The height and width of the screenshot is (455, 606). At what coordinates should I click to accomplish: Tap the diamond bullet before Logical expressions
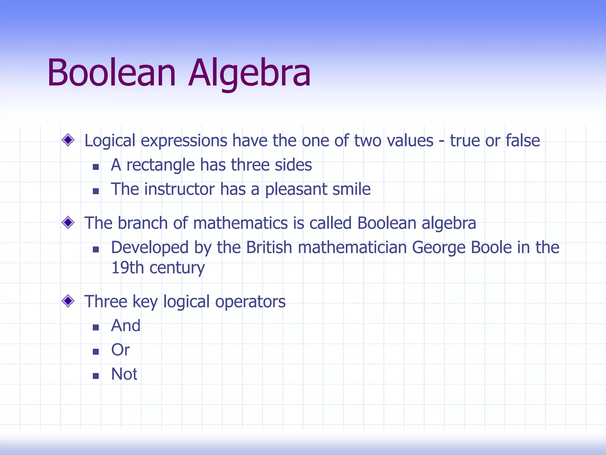[x=68, y=140]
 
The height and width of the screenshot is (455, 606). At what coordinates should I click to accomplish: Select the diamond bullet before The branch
[x=68, y=222]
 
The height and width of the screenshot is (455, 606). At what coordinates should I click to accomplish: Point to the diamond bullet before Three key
[x=68, y=301]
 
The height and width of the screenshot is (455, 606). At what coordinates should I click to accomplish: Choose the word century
[x=177, y=268]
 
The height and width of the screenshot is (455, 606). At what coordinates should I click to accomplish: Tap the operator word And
[x=125, y=326]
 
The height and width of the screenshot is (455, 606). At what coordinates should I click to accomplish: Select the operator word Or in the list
[x=120, y=350]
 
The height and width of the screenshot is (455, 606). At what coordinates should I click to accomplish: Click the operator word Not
[x=124, y=374]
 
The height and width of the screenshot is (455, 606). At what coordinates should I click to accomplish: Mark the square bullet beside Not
[x=96, y=376]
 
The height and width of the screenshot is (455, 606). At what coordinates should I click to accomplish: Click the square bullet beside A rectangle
[x=96, y=167]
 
